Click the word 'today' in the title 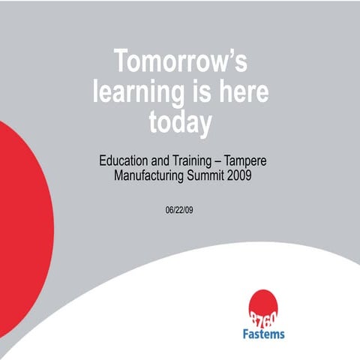(180, 122)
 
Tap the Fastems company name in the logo (262, 334)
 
